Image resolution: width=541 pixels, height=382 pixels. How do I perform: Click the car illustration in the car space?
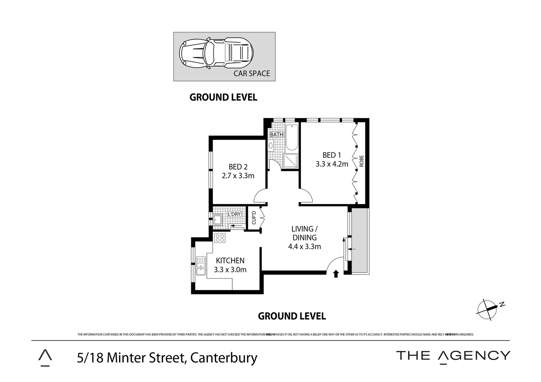coord(216,53)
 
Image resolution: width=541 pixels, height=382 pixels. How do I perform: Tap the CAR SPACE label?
coord(251,74)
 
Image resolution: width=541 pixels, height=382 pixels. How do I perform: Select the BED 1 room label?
coord(331,155)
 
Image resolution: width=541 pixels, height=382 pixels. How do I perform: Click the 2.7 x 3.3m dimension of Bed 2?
coord(238,175)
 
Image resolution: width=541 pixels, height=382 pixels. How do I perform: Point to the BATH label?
coord(277,134)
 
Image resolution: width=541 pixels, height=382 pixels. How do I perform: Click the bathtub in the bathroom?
coord(292,138)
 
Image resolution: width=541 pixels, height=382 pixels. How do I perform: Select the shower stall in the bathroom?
coord(291,161)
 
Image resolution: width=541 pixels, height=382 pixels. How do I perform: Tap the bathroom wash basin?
coord(271,145)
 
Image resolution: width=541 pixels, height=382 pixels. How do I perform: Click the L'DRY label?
coord(234,214)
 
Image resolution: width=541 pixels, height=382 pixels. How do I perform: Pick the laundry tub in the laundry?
coord(217,220)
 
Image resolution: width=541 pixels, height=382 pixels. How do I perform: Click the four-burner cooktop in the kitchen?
coord(220,238)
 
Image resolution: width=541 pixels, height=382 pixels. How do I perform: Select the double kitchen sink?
coord(201,266)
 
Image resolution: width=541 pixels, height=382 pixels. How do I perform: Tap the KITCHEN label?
coord(230,261)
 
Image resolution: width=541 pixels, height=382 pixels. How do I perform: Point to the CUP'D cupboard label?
coord(254,218)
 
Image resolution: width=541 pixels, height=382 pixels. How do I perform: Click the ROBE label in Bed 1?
coord(361,161)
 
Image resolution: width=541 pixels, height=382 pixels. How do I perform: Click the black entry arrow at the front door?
coord(336,274)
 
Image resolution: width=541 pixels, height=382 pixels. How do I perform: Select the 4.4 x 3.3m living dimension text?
coord(304,247)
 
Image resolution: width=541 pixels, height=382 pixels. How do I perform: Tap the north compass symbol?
coord(489,309)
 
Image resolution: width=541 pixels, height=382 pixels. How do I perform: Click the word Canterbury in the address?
coord(224,358)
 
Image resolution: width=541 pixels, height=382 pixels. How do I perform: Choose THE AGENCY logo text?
coord(453,355)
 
